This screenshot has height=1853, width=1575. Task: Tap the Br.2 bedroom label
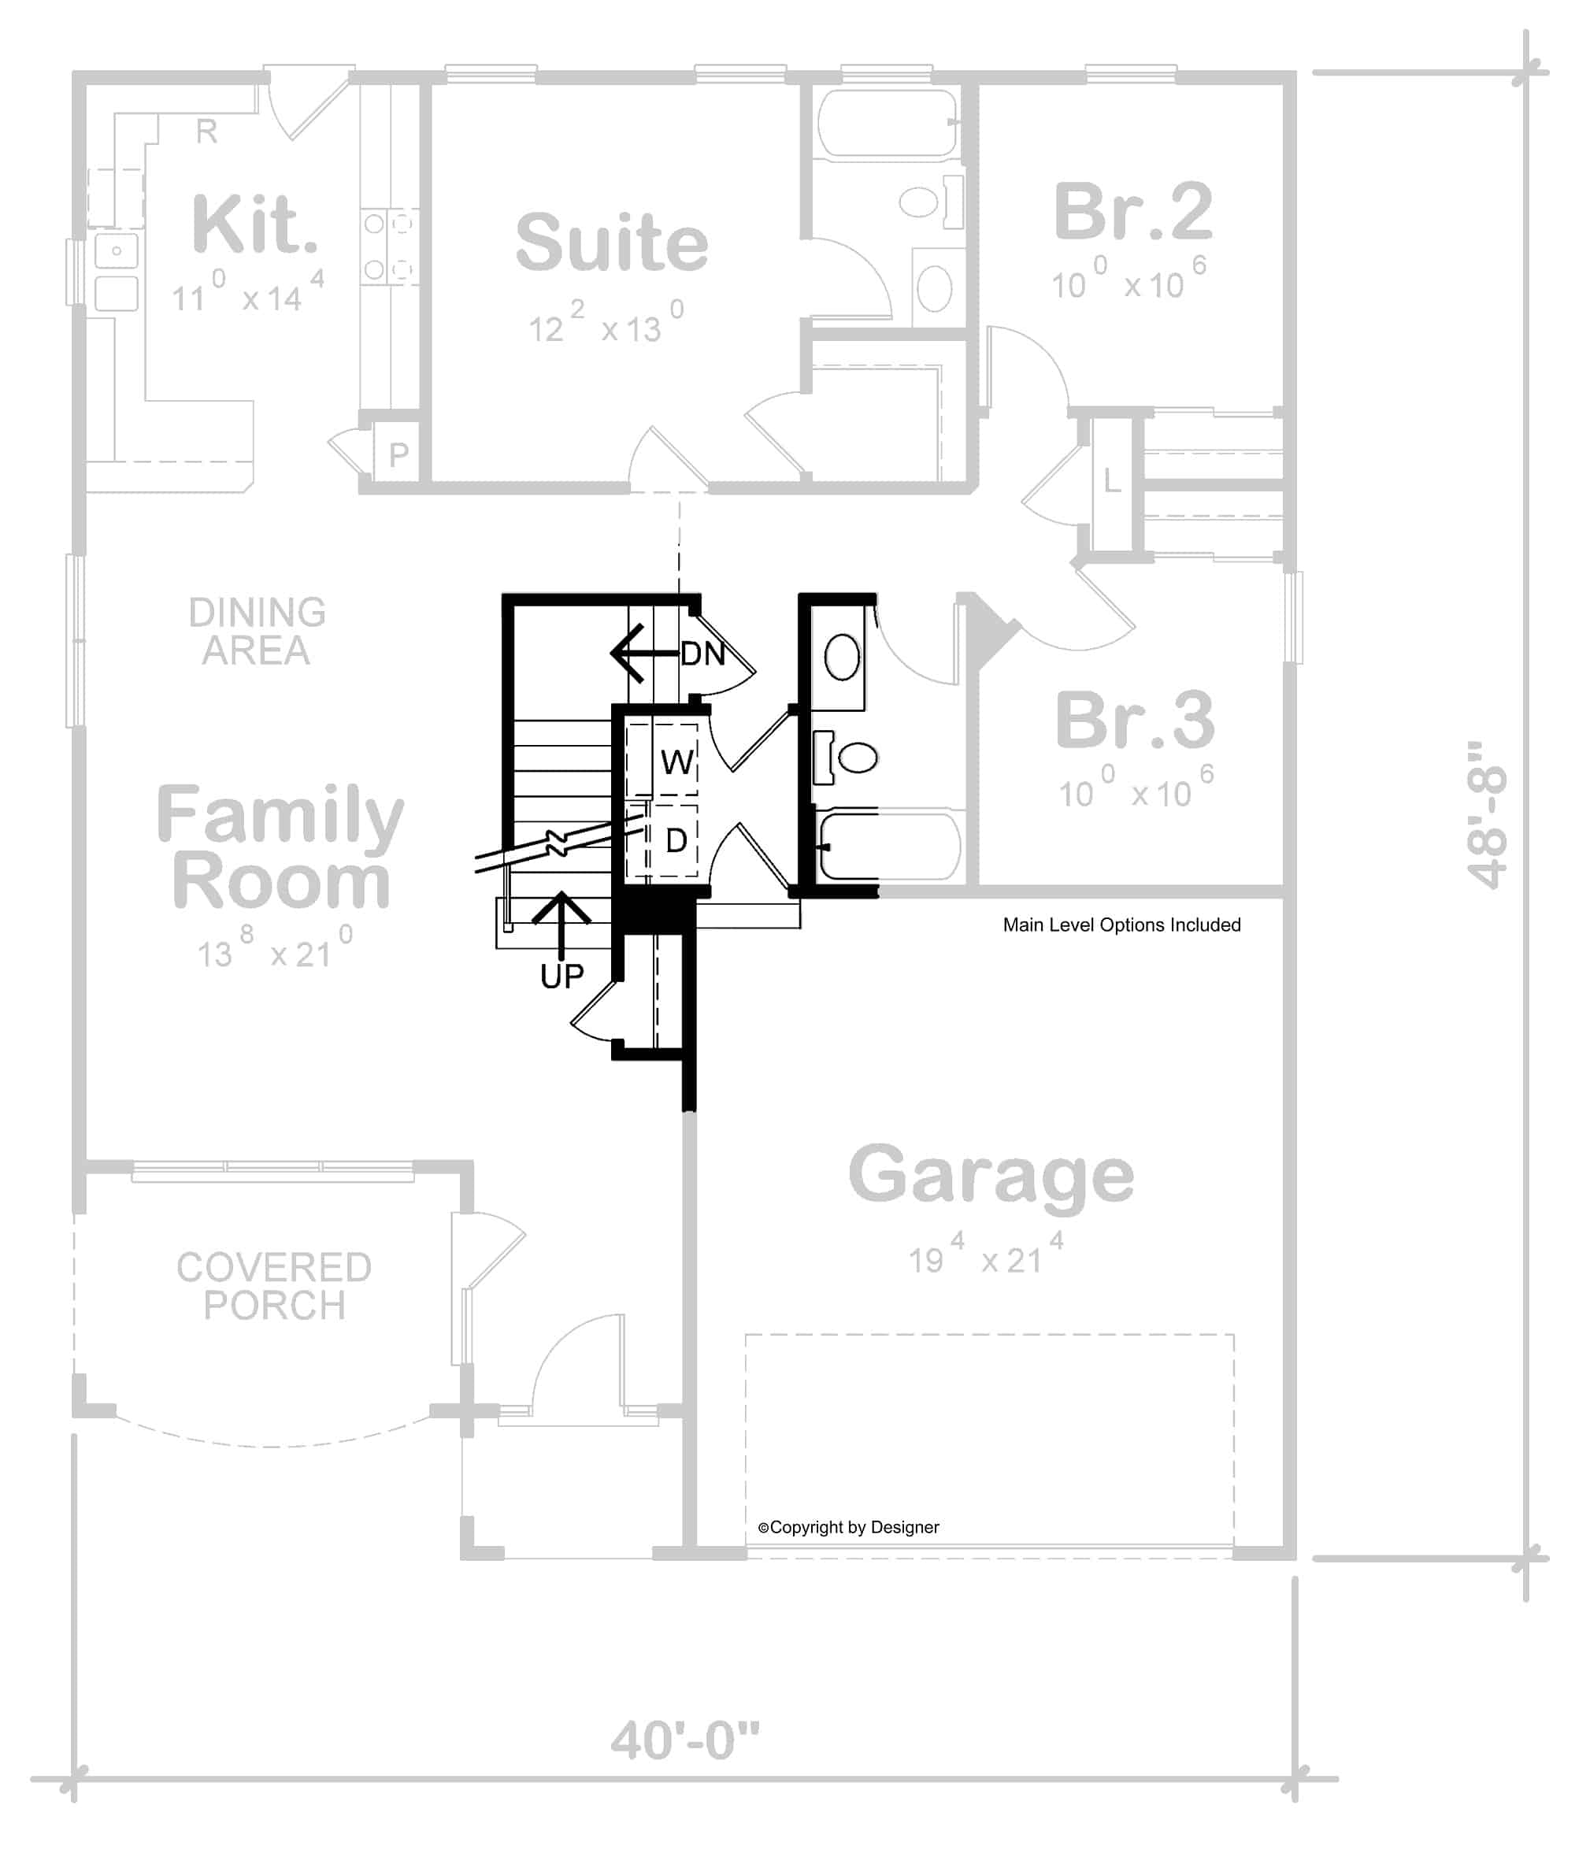click(x=1133, y=213)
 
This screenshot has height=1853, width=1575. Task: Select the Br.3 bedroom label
click(x=1134, y=721)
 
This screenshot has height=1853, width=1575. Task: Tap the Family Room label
click(x=280, y=847)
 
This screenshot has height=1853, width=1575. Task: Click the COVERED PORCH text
click(x=273, y=1287)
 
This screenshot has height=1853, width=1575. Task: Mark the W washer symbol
click(x=676, y=762)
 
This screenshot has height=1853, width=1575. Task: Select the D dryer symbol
click(x=676, y=840)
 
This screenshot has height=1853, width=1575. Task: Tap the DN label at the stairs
click(x=702, y=654)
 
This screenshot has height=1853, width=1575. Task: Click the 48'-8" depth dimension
click(x=1488, y=814)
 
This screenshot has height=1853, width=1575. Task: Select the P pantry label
click(x=398, y=456)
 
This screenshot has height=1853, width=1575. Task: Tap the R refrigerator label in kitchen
click(x=206, y=132)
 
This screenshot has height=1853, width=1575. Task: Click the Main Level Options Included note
click(x=1121, y=925)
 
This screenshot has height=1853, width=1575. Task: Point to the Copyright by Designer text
click(x=848, y=1528)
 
